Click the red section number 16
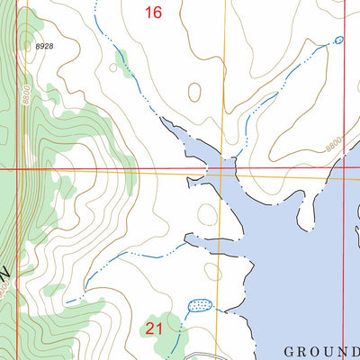[154, 12]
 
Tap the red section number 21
[154, 328]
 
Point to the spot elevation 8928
[45, 45]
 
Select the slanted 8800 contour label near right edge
[335, 142]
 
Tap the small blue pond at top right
[338, 40]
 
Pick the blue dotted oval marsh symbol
[200, 306]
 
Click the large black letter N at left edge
[6, 270]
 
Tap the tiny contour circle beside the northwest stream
[113, 67]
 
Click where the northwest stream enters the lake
[162, 117]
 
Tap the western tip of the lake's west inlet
[184, 239]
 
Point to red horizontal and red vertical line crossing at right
[344, 169]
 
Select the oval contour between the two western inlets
[207, 214]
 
